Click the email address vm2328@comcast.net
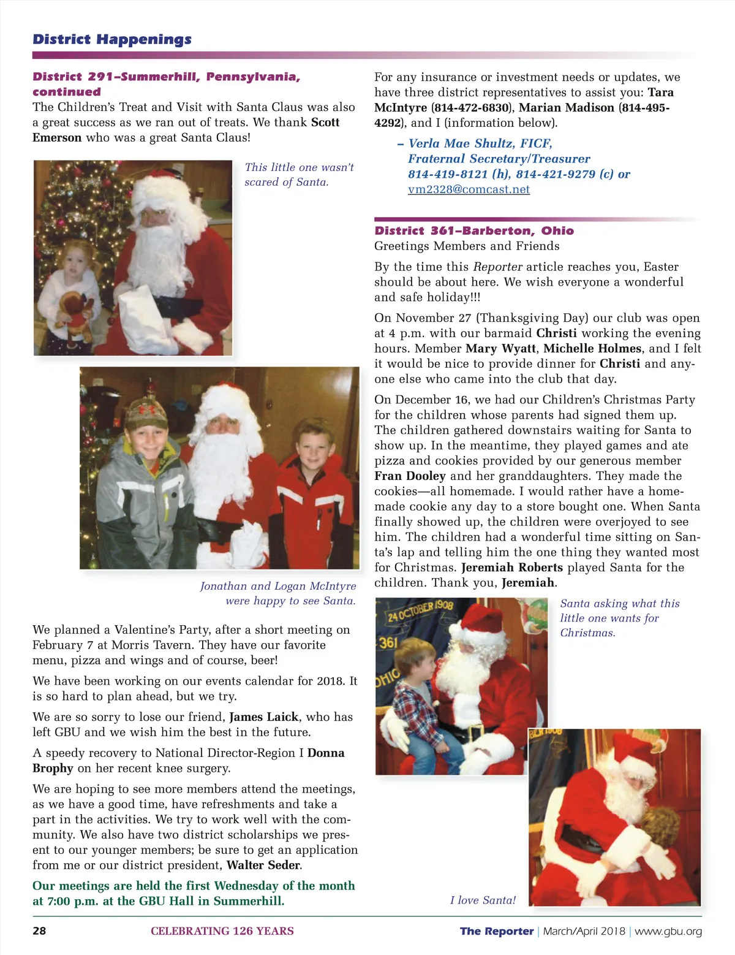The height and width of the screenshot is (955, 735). pos(469,189)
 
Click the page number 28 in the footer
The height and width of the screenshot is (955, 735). pos(39,931)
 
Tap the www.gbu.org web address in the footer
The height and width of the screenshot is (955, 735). pos(668,931)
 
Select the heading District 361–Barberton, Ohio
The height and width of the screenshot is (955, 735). pos(474,230)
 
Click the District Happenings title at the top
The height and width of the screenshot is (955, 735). pos(112,39)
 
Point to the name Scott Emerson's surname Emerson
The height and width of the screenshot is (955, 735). pos(57,137)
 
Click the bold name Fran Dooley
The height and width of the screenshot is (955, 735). pos(410,476)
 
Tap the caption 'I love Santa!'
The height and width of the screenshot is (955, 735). pos(483,900)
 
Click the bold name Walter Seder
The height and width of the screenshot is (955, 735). pos(263,865)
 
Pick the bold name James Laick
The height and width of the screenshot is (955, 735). pos(263,717)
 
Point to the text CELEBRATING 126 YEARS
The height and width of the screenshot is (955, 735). pos(222,931)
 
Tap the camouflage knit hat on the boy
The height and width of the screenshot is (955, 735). pos(146,415)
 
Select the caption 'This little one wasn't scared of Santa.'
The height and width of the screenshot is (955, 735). pos(299,175)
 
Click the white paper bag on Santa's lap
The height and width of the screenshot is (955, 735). pos(141,313)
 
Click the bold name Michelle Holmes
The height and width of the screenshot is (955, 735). pos(592,348)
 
